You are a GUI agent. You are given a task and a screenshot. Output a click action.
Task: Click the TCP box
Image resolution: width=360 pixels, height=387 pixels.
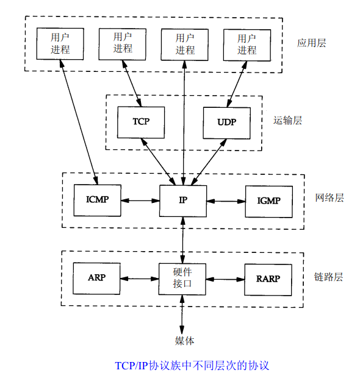(141, 121)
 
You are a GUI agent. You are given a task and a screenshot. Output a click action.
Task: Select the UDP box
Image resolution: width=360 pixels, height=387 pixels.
(226, 121)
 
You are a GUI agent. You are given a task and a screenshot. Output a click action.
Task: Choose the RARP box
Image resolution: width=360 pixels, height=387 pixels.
(268, 279)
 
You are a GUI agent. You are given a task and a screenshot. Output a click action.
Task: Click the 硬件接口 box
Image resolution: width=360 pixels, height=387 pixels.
(183, 279)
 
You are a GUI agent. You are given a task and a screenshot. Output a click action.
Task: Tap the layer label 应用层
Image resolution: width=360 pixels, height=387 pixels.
(312, 43)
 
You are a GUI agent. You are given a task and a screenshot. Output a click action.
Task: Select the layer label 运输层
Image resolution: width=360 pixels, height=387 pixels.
(287, 120)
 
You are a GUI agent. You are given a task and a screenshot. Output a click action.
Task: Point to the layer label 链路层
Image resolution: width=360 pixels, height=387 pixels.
(329, 277)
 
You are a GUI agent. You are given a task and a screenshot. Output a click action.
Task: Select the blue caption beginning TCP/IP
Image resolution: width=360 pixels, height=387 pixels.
(192, 366)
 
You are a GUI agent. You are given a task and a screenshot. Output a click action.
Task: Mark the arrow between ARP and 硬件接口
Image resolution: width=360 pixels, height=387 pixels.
(140, 279)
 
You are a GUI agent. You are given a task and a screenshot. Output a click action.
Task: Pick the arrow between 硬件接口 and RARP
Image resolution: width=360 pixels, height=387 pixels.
(226, 279)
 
